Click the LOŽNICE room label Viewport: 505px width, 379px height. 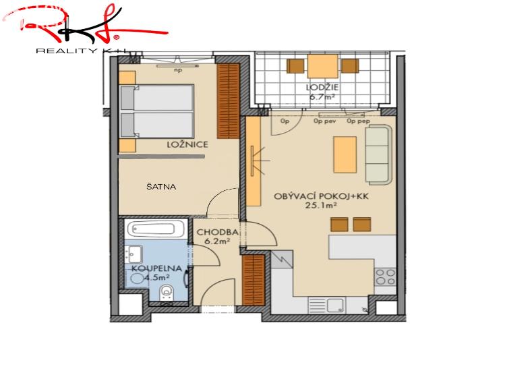pyautogui.click(x=187, y=145)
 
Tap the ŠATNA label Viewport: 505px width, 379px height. pyautogui.click(x=161, y=187)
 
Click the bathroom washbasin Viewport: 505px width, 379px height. pyautogui.click(x=133, y=255)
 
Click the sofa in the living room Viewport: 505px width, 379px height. pyautogui.click(x=378, y=154)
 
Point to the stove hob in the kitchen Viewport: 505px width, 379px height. pyautogui.click(x=385, y=276)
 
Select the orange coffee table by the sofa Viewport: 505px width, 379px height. pyautogui.click(x=345, y=154)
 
